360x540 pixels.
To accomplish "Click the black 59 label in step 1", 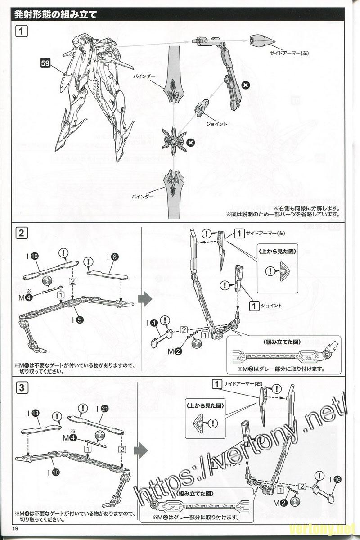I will pyautogui.click(x=45, y=63).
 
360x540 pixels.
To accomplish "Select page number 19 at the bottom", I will pyautogui.click(x=16, y=528).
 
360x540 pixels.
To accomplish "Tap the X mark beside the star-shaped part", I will pyautogui.click(x=191, y=142).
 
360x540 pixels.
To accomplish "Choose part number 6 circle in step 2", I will pyautogui.click(x=115, y=256).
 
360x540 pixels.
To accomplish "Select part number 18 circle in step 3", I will pyautogui.click(x=36, y=412).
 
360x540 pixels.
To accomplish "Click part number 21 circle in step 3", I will pyautogui.click(x=104, y=409).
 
